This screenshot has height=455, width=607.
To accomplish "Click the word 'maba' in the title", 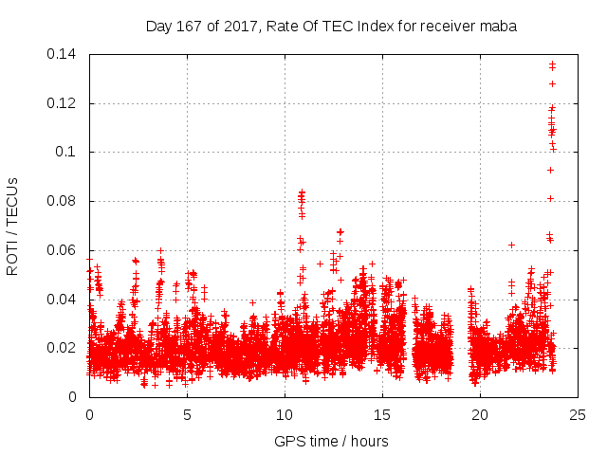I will [497, 27].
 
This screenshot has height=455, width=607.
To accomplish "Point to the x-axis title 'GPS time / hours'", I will [331, 441].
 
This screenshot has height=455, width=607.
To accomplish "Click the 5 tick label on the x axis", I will [187, 414].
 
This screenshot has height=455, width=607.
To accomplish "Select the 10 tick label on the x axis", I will [285, 414].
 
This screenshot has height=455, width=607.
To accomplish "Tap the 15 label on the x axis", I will [382, 414].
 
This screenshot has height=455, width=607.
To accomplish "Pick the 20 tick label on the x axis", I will [480, 414].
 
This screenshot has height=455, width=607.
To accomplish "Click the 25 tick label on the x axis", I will [578, 414].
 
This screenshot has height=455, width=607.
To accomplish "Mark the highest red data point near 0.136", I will [552, 64].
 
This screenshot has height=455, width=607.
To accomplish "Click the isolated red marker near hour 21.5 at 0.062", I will [511, 245].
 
